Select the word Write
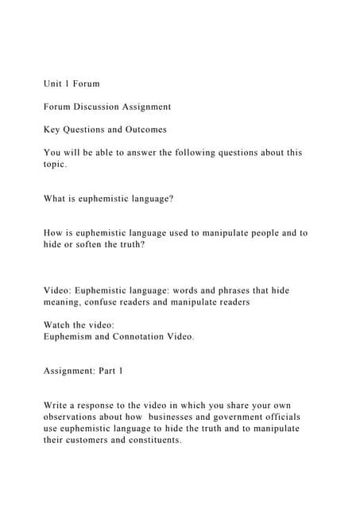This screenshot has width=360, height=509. pyautogui.click(x=57, y=406)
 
